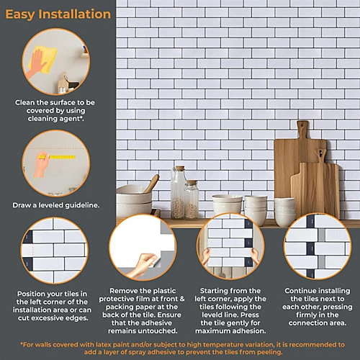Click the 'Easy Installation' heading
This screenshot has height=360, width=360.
(58, 14)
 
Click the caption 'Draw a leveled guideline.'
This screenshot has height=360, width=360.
(56, 205)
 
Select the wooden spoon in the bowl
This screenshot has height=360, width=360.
(151, 183)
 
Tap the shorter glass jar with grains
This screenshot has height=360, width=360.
(192, 199)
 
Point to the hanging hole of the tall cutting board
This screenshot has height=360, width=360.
(302, 125)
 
